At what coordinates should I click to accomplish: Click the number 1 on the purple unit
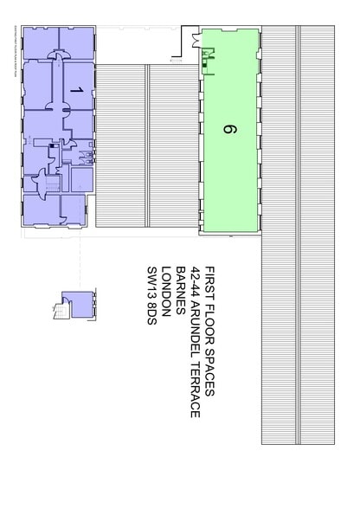76,89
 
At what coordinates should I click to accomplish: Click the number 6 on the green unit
228,131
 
